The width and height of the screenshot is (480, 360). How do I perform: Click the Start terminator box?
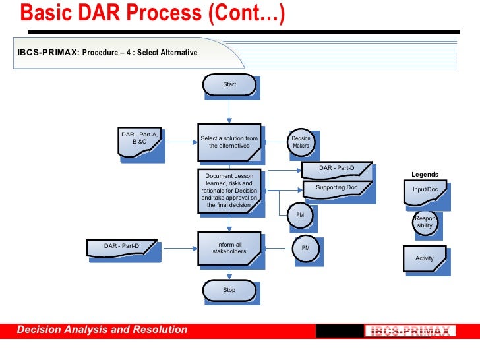[x=229, y=84]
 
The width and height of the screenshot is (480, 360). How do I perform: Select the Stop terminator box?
[x=229, y=290]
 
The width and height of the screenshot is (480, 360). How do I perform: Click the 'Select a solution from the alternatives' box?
[x=229, y=142]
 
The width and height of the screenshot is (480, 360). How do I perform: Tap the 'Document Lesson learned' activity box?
[x=229, y=191]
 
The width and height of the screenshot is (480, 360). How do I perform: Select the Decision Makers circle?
[x=301, y=142]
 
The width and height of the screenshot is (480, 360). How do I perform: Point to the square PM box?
[x=299, y=215]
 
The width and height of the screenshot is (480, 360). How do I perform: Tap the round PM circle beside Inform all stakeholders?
[x=305, y=248]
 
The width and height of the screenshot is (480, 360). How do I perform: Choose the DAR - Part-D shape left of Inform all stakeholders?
[x=122, y=247]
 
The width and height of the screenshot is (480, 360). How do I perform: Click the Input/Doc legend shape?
[x=425, y=191]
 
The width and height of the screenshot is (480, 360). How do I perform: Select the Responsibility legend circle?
[x=425, y=222]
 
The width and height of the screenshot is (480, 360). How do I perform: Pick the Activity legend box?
[x=425, y=258]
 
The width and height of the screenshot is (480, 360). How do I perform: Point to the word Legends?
[x=425, y=175]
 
